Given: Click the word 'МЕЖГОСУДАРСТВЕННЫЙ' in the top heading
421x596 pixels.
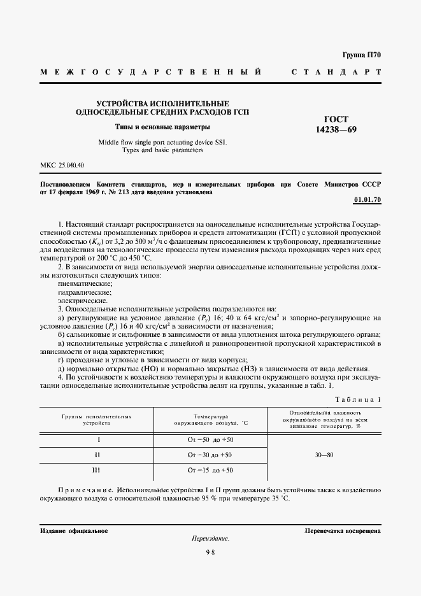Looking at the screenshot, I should pyautogui.click(x=151, y=72).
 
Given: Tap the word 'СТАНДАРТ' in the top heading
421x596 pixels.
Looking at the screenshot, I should pyautogui.click(x=336, y=72).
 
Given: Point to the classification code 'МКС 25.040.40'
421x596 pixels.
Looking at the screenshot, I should pyautogui.click(x=62, y=165).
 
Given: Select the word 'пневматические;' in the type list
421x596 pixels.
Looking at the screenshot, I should pyautogui.click(x=85, y=283).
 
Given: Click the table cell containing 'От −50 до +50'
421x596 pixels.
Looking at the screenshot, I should pyautogui.click(x=211, y=440).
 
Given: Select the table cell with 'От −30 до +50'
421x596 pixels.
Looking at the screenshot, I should pyautogui.click(x=210, y=455).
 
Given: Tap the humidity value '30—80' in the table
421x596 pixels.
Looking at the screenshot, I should pyautogui.click(x=325, y=455).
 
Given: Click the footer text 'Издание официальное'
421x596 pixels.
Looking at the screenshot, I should pyautogui.click(x=74, y=530).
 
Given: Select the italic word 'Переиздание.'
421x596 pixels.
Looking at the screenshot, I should pyautogui.click(x=210, y=539).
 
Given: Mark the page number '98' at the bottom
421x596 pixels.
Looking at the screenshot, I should pyautogui.click(x=210, y=553).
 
